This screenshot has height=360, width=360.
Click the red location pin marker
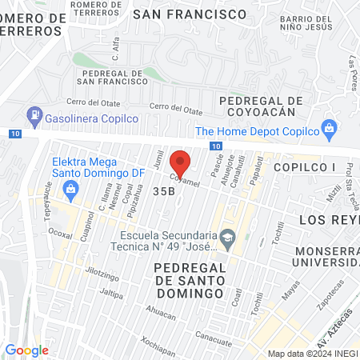pyautogui.click(x=181, y=162)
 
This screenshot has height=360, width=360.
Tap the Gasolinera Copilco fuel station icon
pyautogui.click(x=34, y=116)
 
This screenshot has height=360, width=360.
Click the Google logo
pyautogui.click(x=27, y=350)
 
